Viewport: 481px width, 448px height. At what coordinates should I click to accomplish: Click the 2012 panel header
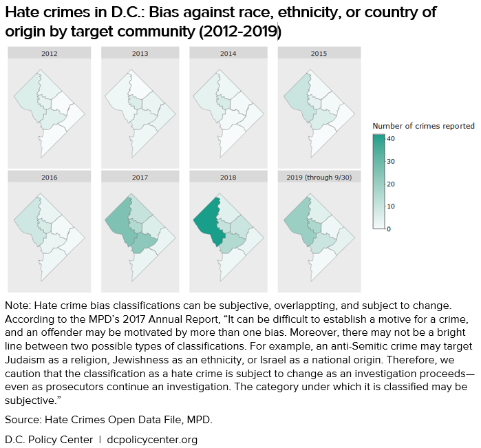coord(49,53)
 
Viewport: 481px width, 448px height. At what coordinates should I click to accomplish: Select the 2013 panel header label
coord(140,53)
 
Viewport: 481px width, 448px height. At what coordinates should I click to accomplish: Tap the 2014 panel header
coord(228,53)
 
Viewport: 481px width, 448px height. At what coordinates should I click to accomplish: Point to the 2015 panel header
coord(319,53)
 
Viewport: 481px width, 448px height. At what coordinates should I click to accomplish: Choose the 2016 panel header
coord(49,177)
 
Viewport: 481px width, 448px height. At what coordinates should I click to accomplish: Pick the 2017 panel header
coord(140,177)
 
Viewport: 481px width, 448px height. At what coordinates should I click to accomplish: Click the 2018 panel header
coord(228,177)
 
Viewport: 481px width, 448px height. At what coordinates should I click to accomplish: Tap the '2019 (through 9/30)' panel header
coord(319,177)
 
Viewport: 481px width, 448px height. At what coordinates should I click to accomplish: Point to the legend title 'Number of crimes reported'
coord(423,126)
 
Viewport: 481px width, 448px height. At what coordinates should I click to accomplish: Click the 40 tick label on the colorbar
coord(390,138)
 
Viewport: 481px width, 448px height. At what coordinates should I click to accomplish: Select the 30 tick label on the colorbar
coord(390,161)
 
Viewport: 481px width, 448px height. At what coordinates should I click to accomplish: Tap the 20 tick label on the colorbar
coord(390,184)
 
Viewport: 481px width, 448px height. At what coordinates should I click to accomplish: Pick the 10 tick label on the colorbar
coord(390,206)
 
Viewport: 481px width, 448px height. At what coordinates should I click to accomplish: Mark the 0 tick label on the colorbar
coord(389,228)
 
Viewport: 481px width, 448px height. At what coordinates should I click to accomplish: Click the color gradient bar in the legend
coord(378,182)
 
